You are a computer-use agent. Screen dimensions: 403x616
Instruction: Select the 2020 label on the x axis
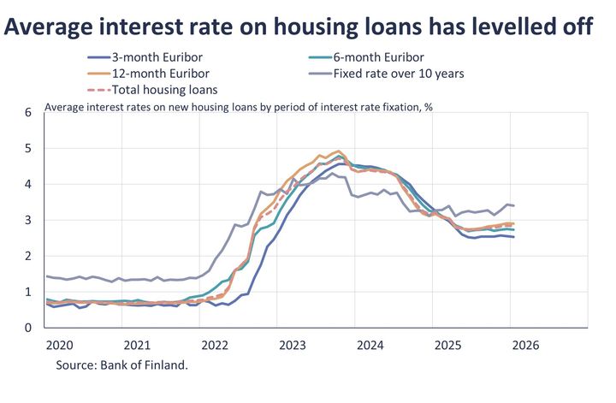[60, 346]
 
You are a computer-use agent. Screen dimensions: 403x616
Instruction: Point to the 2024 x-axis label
[370, 346]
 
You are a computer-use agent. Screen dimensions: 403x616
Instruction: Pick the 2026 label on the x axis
[525, 346]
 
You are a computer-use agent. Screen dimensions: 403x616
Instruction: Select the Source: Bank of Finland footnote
[121, 364]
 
